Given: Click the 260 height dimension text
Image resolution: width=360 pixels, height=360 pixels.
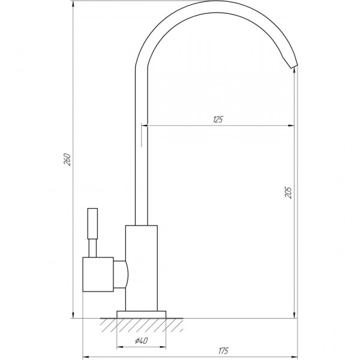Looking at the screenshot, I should tap(68, 160).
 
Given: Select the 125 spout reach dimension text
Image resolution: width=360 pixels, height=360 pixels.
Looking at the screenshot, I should tap(217, 119).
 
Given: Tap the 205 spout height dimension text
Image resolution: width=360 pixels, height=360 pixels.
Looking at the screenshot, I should tap(289, 193).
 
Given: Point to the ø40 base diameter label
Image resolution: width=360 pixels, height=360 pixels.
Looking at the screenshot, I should tap(142, 341).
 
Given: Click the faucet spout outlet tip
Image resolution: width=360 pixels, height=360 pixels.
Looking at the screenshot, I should tap(293, 65).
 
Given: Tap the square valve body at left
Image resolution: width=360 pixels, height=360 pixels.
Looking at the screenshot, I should tap(97, 275).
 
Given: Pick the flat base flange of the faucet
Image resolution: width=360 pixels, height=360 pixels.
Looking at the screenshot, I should tap(142, 314).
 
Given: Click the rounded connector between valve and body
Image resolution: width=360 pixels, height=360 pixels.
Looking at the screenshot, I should tap(121, 275).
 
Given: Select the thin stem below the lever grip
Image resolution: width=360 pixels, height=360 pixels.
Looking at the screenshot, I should tap(92, 247).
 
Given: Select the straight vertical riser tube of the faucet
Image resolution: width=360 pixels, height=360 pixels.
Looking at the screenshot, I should tap(140, 150).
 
